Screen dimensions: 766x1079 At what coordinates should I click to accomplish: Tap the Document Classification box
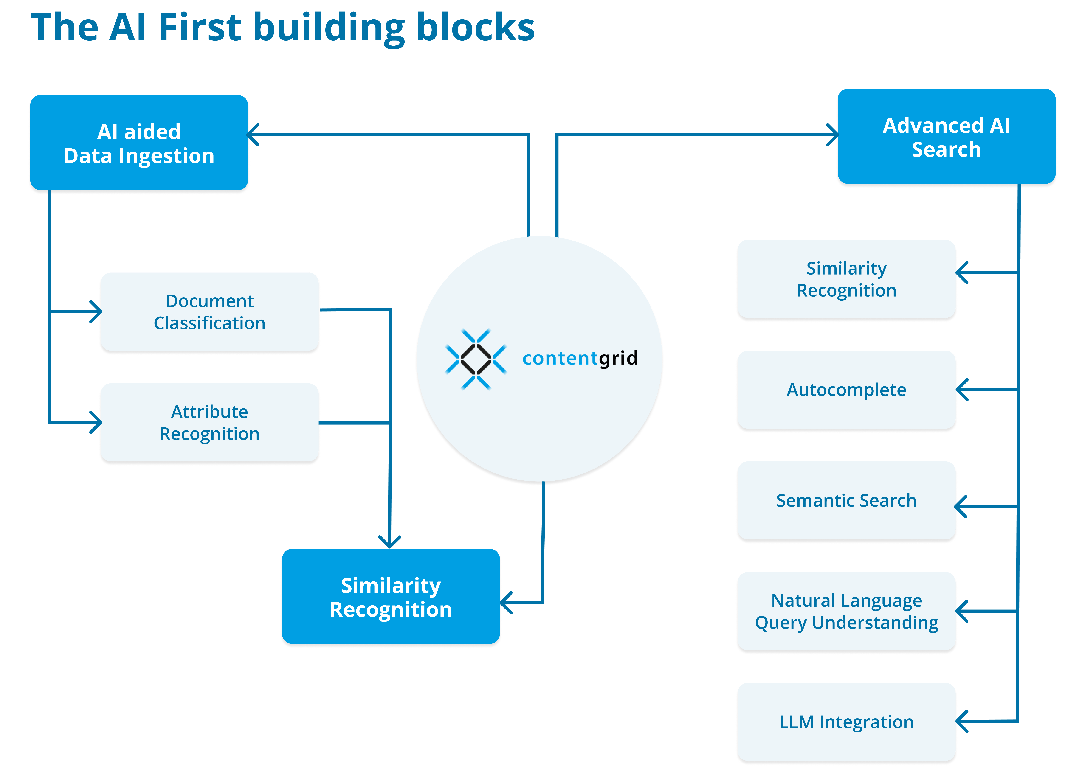click(209, 312)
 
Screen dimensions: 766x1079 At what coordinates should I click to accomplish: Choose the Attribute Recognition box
click(209, 423)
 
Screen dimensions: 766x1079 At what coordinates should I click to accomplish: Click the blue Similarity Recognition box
click(391, 597)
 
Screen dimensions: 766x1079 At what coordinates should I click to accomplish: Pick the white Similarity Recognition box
click(846, 279)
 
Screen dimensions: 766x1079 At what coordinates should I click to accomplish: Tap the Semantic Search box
click(846, 500)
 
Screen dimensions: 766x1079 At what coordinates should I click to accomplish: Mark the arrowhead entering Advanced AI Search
click(833, 135)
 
